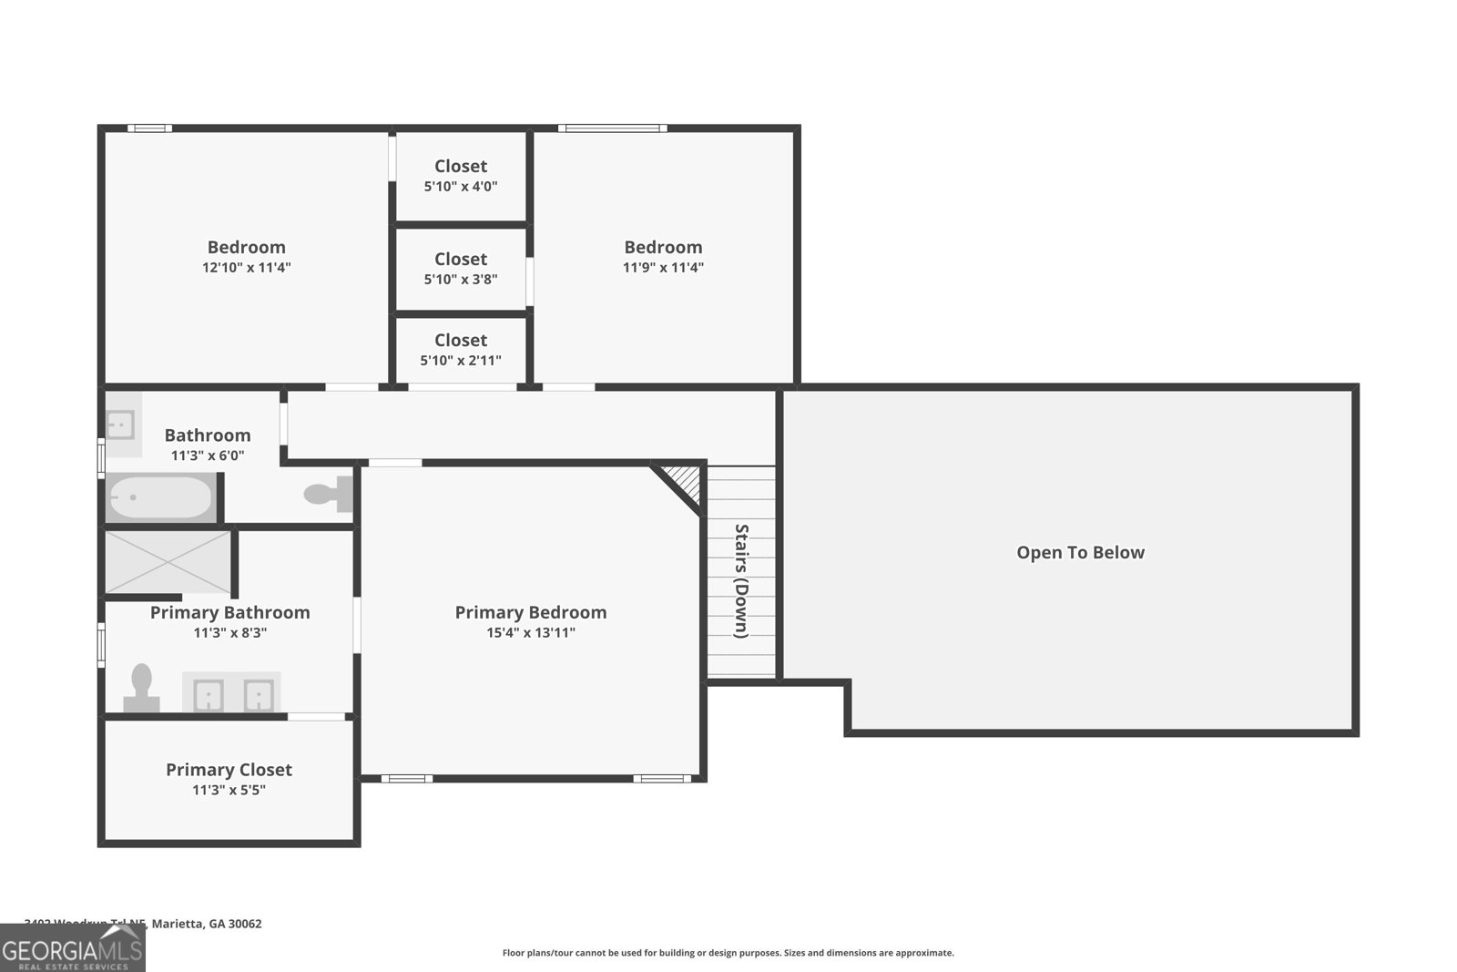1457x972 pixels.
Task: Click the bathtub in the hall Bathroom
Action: [161, 497]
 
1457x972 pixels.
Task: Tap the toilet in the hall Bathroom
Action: [328, 494]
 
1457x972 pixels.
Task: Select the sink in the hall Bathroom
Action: [121, 425]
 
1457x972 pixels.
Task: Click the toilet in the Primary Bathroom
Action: [141, 688]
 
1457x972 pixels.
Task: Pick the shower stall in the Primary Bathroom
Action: [168, 561]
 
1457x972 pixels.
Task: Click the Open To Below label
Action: [1080, 552]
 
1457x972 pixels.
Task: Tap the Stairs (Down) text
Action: [741, 581]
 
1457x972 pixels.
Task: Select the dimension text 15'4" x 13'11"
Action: [531, 632]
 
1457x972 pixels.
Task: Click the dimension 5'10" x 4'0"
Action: [461, 186]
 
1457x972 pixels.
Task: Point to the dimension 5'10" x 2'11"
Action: [461, 360]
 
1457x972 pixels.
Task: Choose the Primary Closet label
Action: [229, 770]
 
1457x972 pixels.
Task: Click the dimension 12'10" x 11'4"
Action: [246, 267]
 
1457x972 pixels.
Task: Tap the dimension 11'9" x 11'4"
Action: [663, 267]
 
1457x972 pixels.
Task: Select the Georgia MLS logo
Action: [72, 949]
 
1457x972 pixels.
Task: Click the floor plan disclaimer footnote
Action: [728, 953]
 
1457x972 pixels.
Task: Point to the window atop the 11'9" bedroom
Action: [612, 128]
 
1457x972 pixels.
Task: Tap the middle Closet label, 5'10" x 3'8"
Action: [461, 260]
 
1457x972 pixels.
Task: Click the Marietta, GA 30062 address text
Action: [207, 924]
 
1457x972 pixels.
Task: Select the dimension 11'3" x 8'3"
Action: [229, 632]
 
